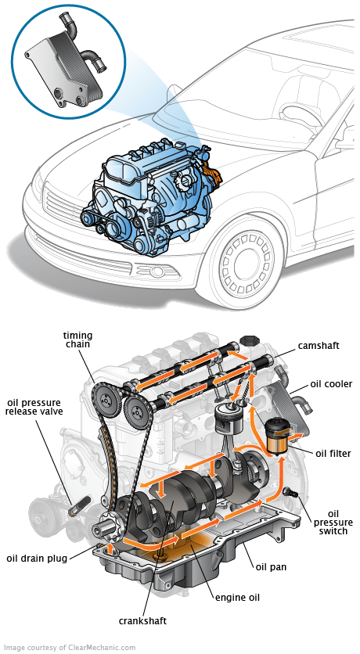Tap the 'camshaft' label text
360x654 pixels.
318,345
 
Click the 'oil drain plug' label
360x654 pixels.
37,558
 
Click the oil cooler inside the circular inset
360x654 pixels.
63,58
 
